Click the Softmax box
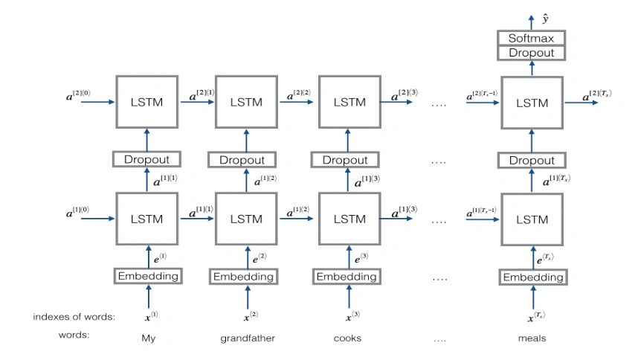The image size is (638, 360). tap(532, 38)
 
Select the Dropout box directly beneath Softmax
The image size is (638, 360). tap(532, 52)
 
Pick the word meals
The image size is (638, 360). tap(532, 338)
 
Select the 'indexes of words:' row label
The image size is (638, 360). tap(74, 317)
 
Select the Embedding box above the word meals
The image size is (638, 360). tap(532, 277)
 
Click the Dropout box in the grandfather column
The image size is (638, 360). tap(246, 159)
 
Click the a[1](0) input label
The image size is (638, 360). tap(83, 213)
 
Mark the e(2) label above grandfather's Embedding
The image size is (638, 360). tap(259, 257)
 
